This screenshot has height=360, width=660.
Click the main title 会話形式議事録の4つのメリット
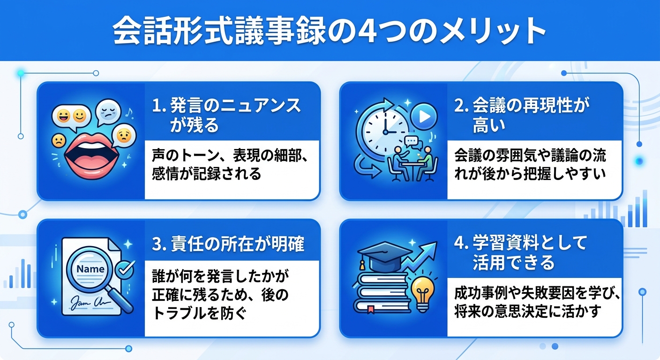point(330,31)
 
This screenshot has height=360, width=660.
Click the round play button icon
point(424,117)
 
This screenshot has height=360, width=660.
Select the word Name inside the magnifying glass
point(90,269)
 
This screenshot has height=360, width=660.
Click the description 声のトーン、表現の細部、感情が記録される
point(230,165)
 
